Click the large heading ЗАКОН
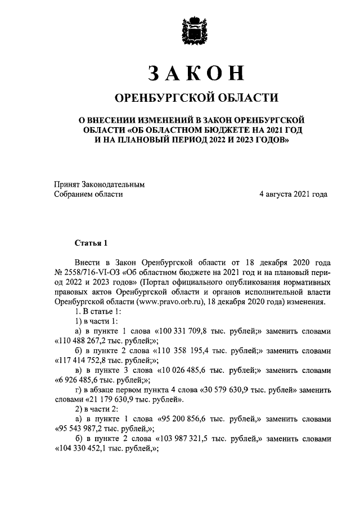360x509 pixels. [196, 73]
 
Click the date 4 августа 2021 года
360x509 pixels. [293, 193]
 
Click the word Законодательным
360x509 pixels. [114, 183]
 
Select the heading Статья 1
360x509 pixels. [91, 243]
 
